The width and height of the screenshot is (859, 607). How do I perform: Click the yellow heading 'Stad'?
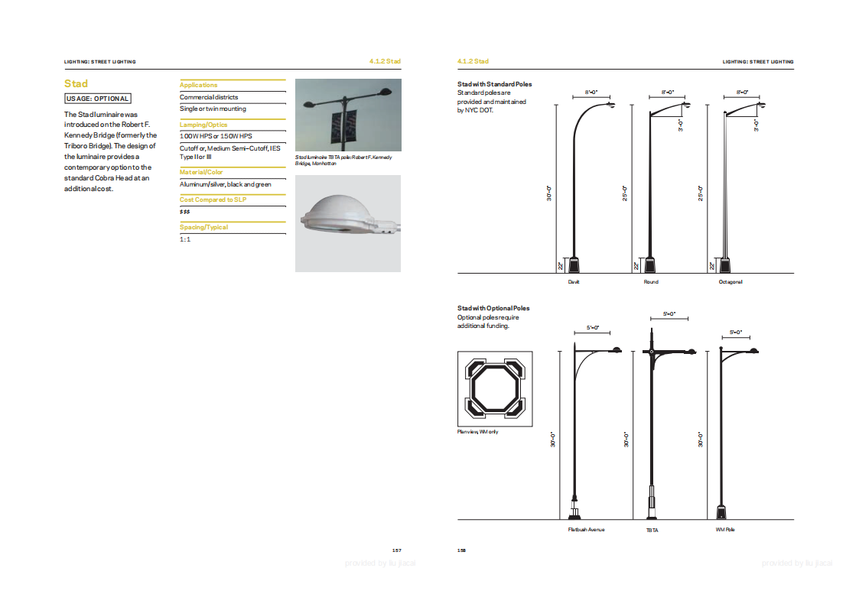76,84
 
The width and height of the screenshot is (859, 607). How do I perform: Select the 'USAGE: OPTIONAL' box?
97,99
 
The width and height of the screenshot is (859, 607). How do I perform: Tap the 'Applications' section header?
199,85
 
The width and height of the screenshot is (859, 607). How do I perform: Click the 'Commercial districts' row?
209,97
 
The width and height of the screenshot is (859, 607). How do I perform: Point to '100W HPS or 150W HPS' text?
216,135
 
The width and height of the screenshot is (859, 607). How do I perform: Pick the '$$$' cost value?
185,211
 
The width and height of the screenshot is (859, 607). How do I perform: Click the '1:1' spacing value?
185,239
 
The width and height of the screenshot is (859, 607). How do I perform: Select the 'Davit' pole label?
574,282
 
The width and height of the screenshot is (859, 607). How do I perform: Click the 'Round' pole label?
651,282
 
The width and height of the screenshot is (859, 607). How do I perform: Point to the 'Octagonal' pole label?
730,282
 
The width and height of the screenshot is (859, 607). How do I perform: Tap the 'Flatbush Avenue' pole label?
586,530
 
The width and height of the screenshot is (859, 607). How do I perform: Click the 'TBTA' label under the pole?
652,530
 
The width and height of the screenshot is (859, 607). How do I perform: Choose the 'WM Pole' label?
724,530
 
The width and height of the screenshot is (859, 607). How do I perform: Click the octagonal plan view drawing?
495,389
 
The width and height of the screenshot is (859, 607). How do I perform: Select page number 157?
396,550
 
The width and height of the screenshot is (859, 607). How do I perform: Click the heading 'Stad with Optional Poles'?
493,308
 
